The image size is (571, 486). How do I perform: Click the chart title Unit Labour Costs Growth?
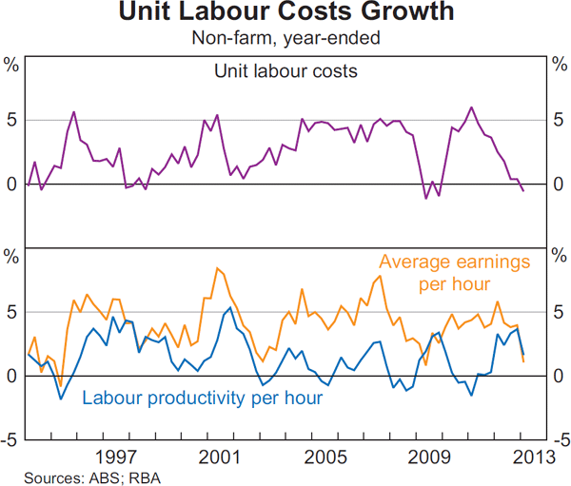tap(285, 14)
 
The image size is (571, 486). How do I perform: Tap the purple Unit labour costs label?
tap(285, 69)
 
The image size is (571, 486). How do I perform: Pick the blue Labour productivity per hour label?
tap(203, 397)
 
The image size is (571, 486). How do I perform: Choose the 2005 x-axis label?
tap(324, 457)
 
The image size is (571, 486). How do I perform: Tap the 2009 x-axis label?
tap(427, 457)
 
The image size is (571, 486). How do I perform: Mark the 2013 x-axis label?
tap(530, 457)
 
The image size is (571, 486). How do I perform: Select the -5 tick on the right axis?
tap(559, 440)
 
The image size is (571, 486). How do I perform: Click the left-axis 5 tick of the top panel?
tap(13, 120)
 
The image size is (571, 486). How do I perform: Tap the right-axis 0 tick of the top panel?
tap(558, 184)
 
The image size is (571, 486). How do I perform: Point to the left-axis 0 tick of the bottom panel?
tap(13, 376)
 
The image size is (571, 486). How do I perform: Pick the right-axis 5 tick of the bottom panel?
tap(558, 312)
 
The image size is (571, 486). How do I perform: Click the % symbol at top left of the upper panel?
tap(12, 65)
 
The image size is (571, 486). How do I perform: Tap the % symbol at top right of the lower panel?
tap(558, 257)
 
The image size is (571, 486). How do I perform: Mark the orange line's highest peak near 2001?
tap(218, 268)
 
